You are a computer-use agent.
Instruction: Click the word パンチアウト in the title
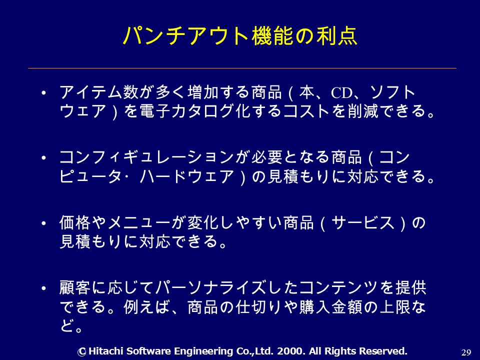[x=186, y=36]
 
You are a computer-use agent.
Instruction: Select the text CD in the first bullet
[x=342, y=93]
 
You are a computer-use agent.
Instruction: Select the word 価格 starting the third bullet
[x=74, y=222]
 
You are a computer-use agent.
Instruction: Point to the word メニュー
[x=138, y=222]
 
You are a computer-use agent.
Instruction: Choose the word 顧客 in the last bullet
[x=74, y=287]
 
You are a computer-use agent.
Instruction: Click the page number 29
[x=466, y=352]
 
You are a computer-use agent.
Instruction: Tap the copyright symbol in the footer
[x=81, y=351]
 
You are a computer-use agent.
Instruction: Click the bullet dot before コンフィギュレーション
[x=44, y=158]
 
